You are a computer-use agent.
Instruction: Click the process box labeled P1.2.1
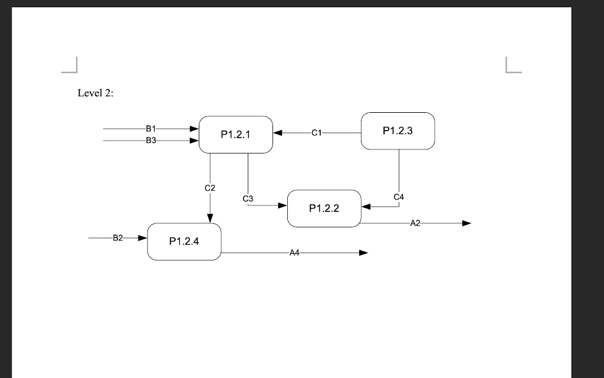(x=235, y=135)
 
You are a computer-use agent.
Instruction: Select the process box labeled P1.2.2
(x=324, y=208)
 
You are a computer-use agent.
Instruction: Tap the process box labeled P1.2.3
(x=398, y=131)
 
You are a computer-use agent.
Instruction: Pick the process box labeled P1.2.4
(x=184, y=241)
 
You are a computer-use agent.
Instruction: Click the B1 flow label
(x=150, y=128)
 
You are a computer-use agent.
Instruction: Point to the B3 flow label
(x=150, y=141)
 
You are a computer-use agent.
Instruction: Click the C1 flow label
(x=316, y=133)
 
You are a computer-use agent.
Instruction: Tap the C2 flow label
(x=210, y=188)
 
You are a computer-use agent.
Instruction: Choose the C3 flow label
(x=248, y=198)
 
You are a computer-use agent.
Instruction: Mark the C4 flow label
(x=399, y=196)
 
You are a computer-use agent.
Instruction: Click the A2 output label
(x=415, y=223)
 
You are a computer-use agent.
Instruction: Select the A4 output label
(x=295, y=253)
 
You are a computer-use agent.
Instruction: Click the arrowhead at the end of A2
(x=467, y=223)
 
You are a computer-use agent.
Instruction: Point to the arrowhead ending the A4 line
(x=363, y=253)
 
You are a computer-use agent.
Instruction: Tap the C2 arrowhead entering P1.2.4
(x=210, y=218)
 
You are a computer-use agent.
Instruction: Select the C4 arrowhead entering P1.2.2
(x=366, y=207)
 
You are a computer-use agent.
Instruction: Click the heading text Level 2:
(x=96, y=93)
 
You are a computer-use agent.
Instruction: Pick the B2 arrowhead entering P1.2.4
(x=142, y=238)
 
